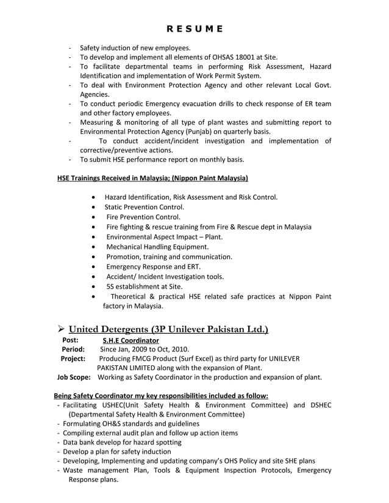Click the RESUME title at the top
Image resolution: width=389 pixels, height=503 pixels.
[x=194, y=29]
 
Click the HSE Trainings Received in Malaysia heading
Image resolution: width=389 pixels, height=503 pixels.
[x=152, y=178]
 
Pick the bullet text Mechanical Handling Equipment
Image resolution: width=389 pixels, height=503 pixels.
[x=157, y=247]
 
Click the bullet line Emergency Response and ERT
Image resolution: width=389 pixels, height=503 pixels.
[x=153, y=266]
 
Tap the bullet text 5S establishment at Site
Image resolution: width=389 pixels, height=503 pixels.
[x=144, y=286]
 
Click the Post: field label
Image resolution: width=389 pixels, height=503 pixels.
[x=70, y=340]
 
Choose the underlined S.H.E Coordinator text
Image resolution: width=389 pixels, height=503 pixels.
[x=130, y=340]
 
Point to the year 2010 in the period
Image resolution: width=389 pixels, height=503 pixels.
[x=179, y=350]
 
